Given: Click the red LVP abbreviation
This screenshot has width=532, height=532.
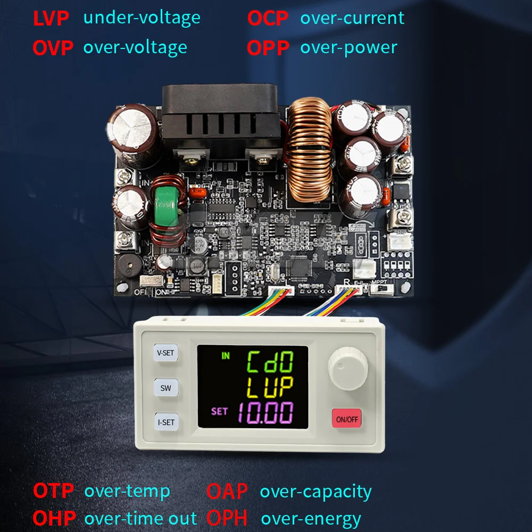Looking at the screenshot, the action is point(51,18).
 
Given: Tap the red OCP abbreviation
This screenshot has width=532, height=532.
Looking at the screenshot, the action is point(268,18).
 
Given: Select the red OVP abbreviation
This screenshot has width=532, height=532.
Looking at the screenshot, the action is point(53,47).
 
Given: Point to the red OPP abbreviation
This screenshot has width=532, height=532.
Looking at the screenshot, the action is point(268,47).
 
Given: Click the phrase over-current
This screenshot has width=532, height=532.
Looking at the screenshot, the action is point(352,18).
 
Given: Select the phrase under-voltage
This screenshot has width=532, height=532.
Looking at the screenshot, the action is point(142,18).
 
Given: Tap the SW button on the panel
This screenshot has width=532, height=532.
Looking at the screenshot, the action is point(166,388).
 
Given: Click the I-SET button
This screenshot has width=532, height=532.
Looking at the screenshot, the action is point(166,422).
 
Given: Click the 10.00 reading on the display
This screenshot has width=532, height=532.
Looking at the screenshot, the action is point(265,413).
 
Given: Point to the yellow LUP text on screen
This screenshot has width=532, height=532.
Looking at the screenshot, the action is point(271,388).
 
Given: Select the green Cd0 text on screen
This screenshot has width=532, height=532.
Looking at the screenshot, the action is point(271,363).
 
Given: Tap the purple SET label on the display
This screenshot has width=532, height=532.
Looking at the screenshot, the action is point(219,411).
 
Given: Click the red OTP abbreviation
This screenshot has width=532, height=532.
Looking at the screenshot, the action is point(54,491).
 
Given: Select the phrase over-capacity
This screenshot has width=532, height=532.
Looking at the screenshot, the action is point(315,492).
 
